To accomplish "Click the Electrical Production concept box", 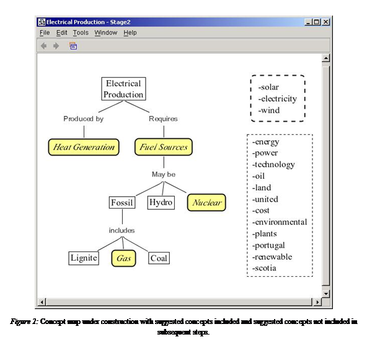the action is tap(123, 89).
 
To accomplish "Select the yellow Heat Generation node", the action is tap(84, 147).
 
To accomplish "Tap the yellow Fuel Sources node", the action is tap(164, 147).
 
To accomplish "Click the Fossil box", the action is tap(122, 202).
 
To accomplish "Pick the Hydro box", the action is tap(161, 202).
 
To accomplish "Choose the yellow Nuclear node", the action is tap(206, 202).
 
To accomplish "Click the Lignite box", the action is tap(84, 258).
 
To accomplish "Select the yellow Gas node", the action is tap(123, 258).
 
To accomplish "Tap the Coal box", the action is tap(159, 258).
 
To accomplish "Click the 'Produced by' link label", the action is tap(83, 119).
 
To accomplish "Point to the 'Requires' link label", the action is tap(163, 119).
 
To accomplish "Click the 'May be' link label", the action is tap(164, 174).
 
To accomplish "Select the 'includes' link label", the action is tap(122, 230).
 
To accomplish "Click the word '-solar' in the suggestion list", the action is tap(268, 87).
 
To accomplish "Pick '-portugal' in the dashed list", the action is tap(268, 245).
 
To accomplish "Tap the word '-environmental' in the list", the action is tap(280, 222).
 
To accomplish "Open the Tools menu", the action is tap(81, 32).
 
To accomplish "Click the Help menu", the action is tap(130, 32).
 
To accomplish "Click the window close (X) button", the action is tap(325, 22).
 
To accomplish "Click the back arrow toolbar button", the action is tap(44, 46).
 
